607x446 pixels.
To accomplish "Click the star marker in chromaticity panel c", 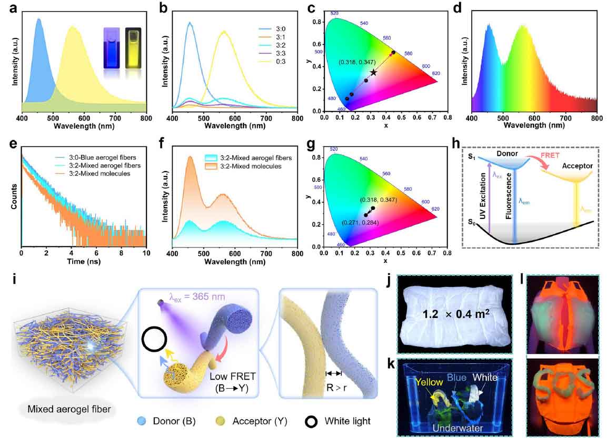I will coord(373,72).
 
